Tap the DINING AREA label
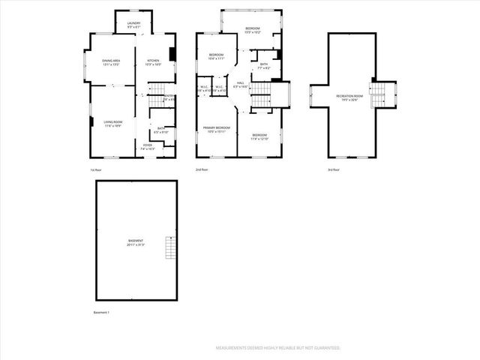coord(110,63)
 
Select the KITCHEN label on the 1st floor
coord(153,62)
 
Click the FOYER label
coord(148,148)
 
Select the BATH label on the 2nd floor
coord(263,66)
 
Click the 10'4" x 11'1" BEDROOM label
coord(216,56)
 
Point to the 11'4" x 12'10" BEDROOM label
coord(259,137)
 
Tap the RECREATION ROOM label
coord(350,98)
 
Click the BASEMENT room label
coord(136,242)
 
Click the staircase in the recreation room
coord(378,94)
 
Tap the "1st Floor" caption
coord(95,170)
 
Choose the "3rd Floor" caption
coord(334,170)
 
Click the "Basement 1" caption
coord(101,312)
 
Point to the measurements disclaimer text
coord(278,348)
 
